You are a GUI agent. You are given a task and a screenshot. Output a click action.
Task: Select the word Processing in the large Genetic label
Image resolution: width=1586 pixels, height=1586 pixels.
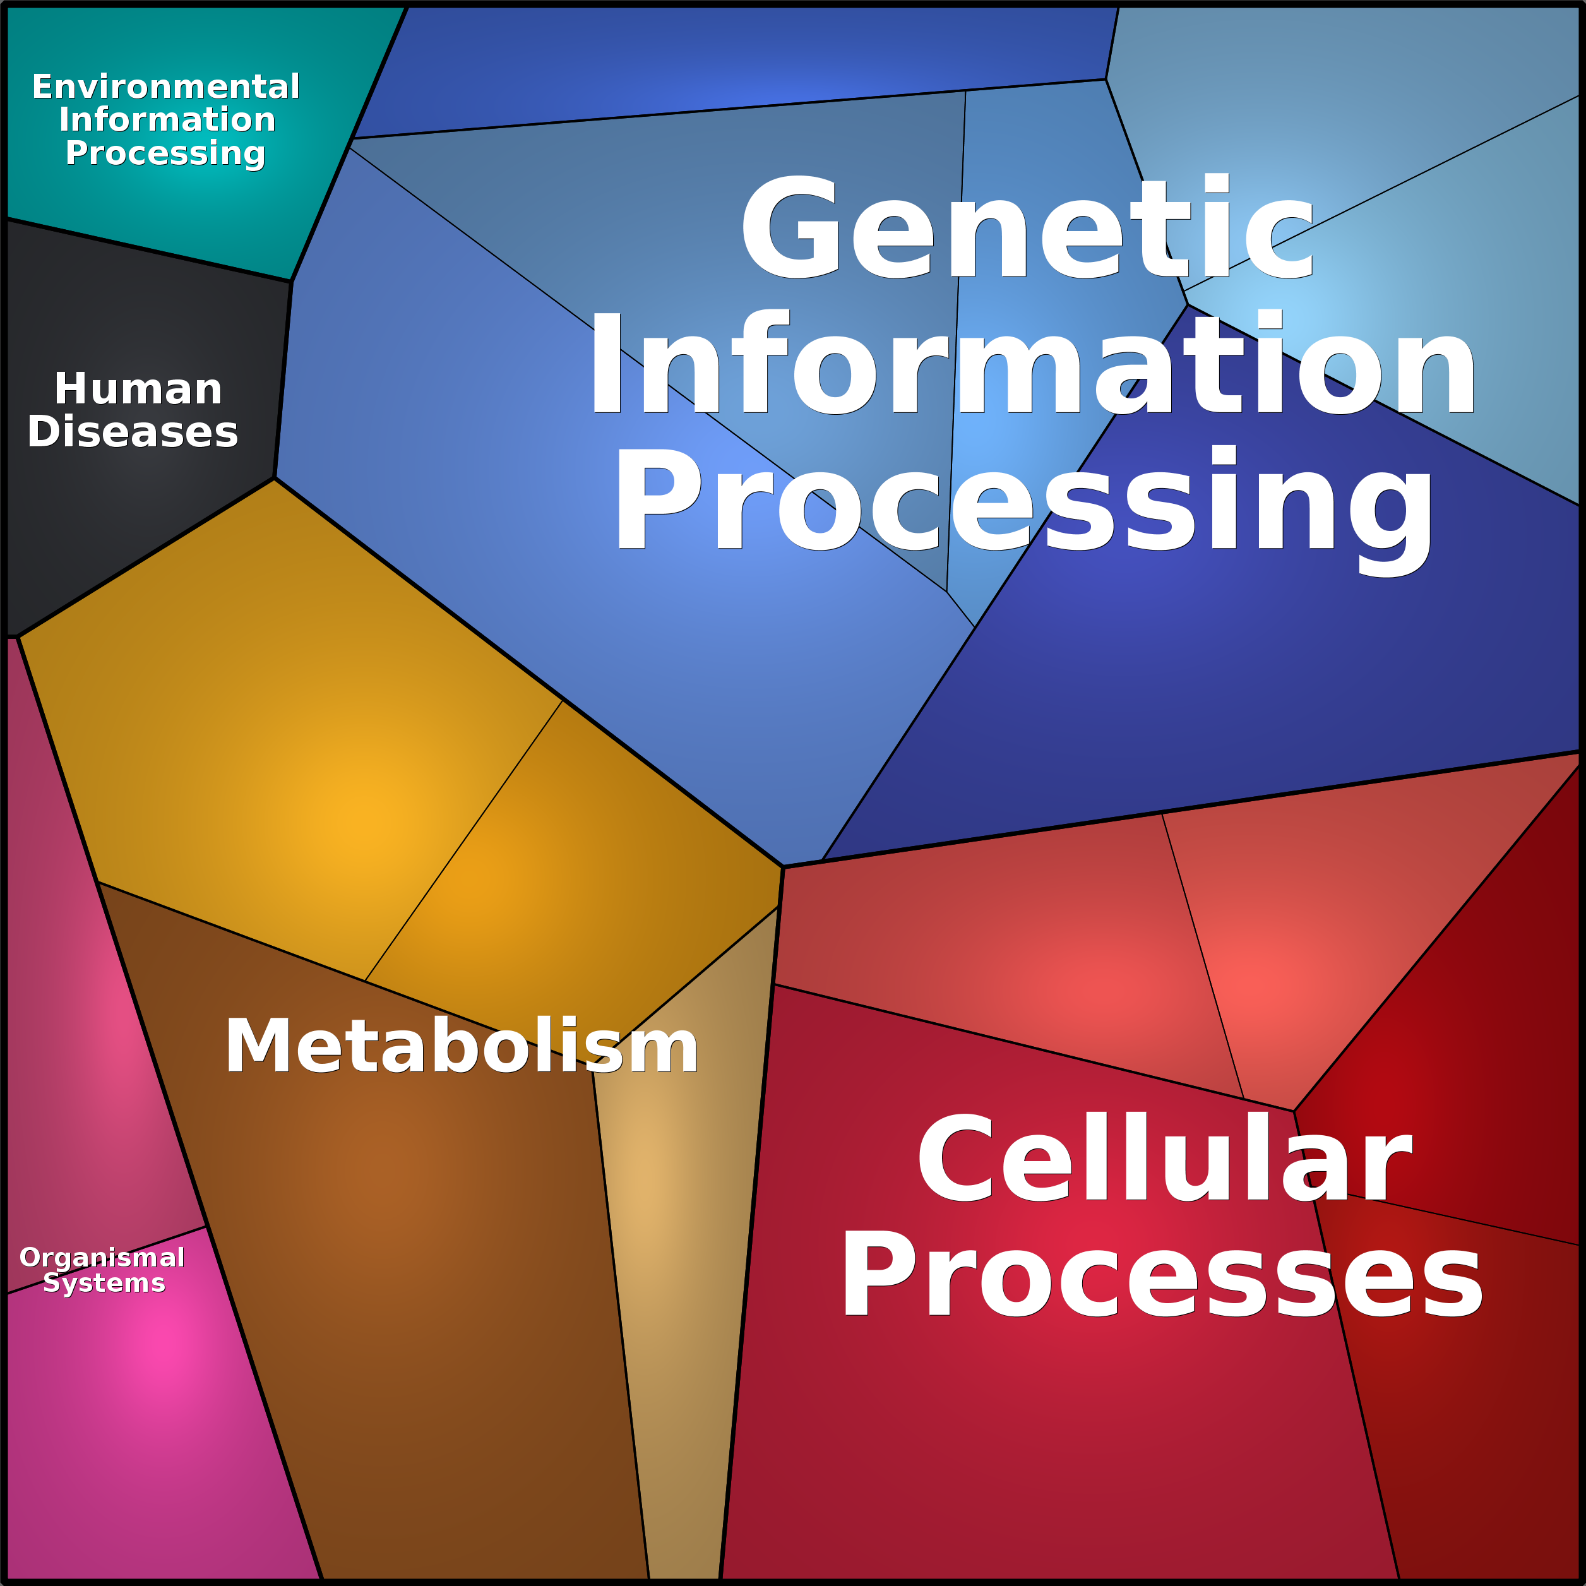1025,503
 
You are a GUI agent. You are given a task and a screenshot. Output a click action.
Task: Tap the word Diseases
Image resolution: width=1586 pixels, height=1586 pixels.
133,432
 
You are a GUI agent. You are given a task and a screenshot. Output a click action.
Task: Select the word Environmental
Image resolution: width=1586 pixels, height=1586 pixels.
166,87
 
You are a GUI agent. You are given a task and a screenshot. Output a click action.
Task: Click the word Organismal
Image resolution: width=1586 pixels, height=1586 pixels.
102,1257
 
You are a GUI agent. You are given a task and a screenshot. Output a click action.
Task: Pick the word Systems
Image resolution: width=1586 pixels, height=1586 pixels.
104,1282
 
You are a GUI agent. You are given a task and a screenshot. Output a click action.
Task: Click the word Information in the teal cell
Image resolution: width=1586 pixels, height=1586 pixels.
167,120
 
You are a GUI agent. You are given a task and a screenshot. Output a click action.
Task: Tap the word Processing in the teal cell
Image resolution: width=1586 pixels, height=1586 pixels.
166,153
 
